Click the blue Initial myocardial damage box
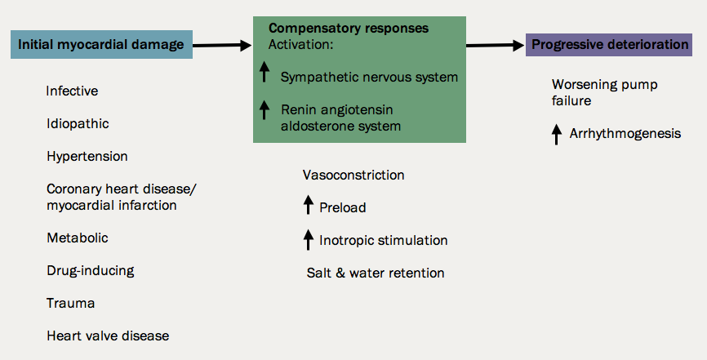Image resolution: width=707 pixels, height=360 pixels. tap(101, 44)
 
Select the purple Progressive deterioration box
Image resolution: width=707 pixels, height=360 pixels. tap(610, 44)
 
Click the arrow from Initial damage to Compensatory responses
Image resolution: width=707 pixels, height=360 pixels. tap(222, 46)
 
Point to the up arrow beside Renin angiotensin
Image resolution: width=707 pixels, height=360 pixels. tap(265, 109)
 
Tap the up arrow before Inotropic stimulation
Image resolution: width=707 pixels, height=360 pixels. tap(308, 239)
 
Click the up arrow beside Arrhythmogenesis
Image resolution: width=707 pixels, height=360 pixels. tap(557, 133)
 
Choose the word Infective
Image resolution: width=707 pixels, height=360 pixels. tap(72, 91)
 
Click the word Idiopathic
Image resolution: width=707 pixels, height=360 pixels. tap(78, 123)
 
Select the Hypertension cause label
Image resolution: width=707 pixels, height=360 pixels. tap(87, 156)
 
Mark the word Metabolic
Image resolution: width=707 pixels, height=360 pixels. tap(78, 238)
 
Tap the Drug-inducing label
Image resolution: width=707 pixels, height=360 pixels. tap(90, 270)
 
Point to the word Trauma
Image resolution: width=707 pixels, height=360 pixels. tap(71, 303)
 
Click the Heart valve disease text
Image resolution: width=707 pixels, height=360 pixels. tap(108, 336)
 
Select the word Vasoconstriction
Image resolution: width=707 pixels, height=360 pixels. tap(353, 175)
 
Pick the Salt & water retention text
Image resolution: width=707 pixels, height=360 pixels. tap(376, 273)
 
